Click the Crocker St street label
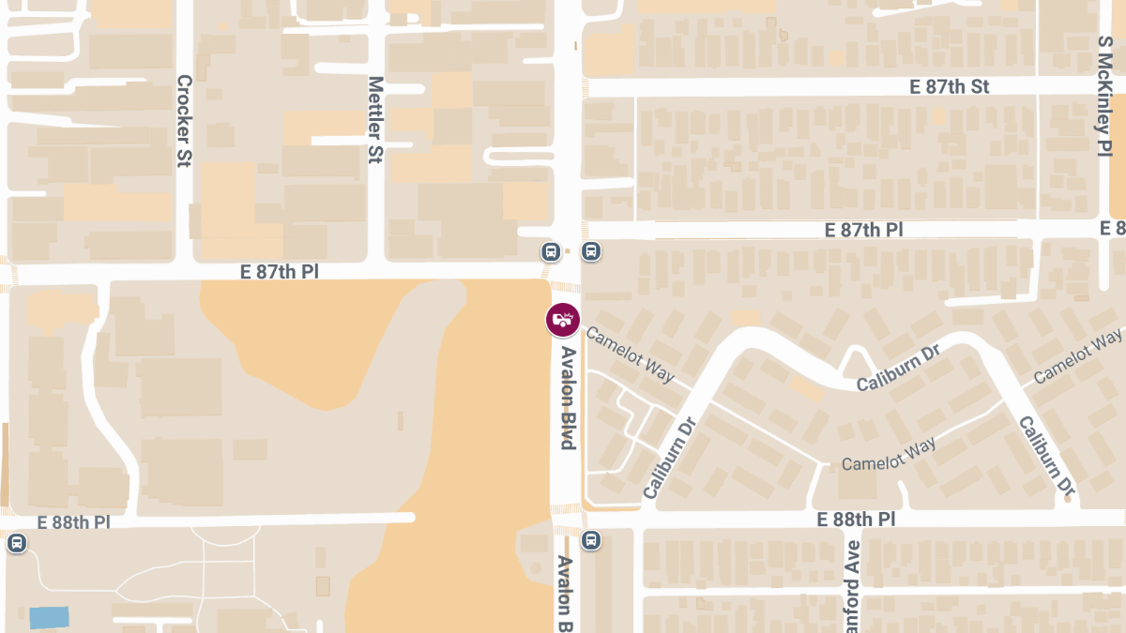(x=184, y=121)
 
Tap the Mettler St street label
(x=376, y=120)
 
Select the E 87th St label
(x=950, y=86)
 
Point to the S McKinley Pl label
(x=1104, y=96)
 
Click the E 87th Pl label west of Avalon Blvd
(x=280, y=272)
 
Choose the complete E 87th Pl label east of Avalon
(x=863, y=230)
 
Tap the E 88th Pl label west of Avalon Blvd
(x=74, y=522)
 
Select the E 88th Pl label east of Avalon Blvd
(x=856, y=519)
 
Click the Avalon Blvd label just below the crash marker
(x=568, y=398)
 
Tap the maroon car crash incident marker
(x=563, y=320)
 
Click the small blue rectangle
(x=49, y=617)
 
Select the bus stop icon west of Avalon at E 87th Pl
(x=551, y=251)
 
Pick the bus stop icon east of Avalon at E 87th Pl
(x=591, y=251)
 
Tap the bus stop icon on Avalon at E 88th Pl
(x=591, y=540)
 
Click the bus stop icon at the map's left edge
(x=16, y=543)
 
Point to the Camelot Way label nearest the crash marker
(x=630, y=354)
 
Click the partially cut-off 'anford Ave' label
(x=852, y=586)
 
